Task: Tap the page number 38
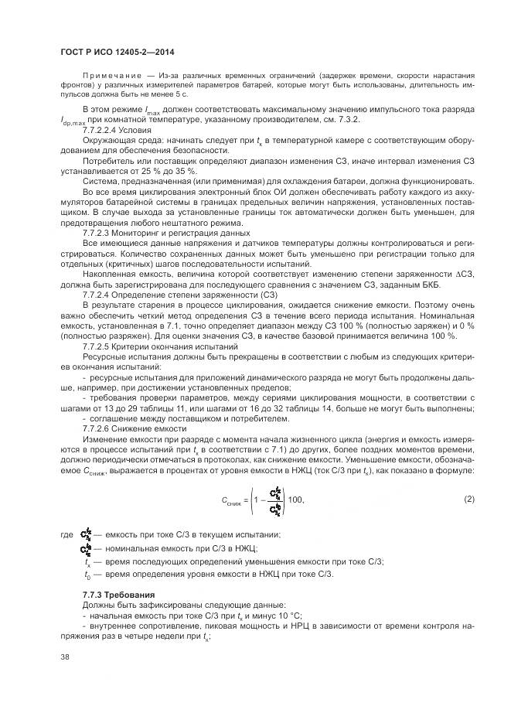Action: (x=64, y=656)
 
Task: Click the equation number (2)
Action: (x=468, y=499)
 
